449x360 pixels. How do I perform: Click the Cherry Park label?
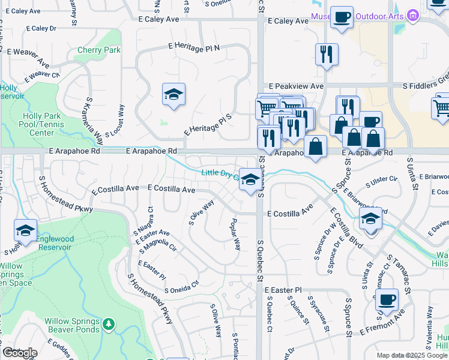pyautogui.click(x=99, y=50)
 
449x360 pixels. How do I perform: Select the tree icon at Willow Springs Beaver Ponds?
pyautogui.click(x=108, y=325)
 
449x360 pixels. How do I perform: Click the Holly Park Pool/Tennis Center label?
pyautogui.click(x=42, y=124)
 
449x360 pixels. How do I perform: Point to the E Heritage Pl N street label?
pyautogui.click(x=194, y=46)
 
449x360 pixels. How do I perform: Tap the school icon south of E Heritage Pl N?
pyautogui.click(x=173, y=95)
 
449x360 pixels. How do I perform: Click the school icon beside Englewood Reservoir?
pyautogui.click(x=25, y=230)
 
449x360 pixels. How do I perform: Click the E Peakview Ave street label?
pyautogui.click(x=296, y=86)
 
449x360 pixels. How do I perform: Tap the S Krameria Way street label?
pyautogui.click(x=94, y=121)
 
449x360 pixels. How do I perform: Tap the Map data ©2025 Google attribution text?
pyautogui.click(x=412, y=355)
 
